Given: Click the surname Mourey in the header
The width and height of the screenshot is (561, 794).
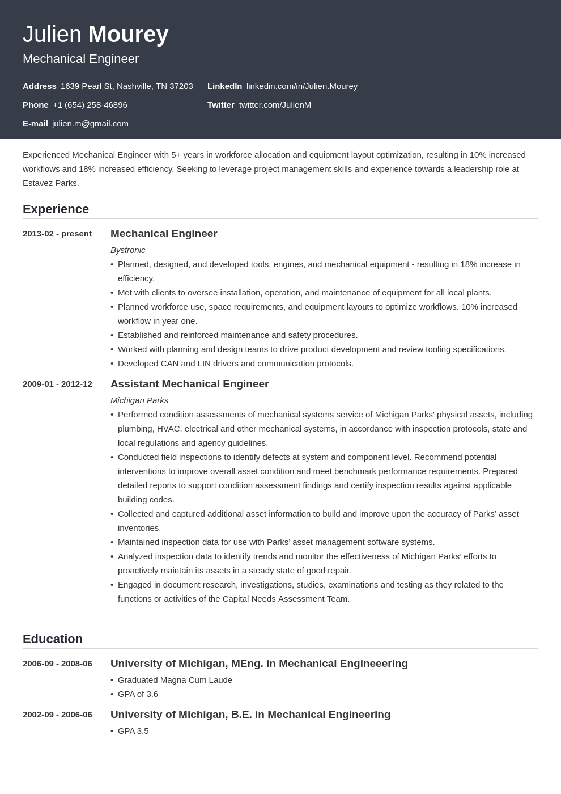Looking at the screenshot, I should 128,35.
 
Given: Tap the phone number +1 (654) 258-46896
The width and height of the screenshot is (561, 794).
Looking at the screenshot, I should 90,105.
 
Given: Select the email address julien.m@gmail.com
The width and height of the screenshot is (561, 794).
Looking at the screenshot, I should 90,124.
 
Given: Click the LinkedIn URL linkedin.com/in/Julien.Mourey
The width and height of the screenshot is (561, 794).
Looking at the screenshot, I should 301,86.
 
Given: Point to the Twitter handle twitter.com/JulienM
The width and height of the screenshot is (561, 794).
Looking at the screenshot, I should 275,105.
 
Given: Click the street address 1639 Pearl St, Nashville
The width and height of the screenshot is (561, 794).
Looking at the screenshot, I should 126,86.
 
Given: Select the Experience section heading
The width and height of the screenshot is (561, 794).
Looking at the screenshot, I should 56,209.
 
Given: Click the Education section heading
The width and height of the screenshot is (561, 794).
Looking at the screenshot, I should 53,639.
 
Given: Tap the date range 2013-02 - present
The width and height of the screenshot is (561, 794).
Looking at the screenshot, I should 57,234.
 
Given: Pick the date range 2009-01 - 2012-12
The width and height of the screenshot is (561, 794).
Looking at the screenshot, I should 57,384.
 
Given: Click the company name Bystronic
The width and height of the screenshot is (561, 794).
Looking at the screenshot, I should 127,250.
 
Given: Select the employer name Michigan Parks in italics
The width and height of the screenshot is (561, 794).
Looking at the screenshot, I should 139,400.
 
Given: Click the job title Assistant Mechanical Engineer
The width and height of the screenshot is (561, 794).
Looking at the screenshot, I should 189,384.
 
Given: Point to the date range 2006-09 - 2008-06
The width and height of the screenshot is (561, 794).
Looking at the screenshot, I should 57,664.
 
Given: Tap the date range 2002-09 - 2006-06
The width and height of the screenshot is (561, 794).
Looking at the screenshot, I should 57,715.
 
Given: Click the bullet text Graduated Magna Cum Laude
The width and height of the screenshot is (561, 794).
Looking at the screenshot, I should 175,680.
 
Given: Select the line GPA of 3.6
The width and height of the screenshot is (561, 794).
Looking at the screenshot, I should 138,694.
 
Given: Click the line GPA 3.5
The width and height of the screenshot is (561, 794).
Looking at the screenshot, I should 133,731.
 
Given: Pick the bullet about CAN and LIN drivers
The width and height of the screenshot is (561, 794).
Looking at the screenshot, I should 235,364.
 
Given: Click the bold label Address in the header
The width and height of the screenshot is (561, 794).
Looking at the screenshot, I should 39,86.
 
